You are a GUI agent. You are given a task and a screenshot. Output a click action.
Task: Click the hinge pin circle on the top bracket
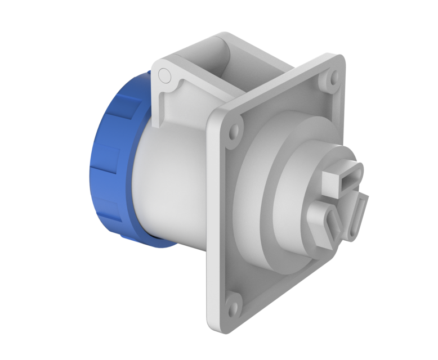pos(164,74)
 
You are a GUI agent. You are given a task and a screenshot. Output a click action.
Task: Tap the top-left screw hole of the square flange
pos(234,134)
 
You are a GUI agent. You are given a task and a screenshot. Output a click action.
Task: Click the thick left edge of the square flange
pos(213,225)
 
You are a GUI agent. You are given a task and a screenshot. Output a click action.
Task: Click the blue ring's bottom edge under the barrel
pos(152,243)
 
